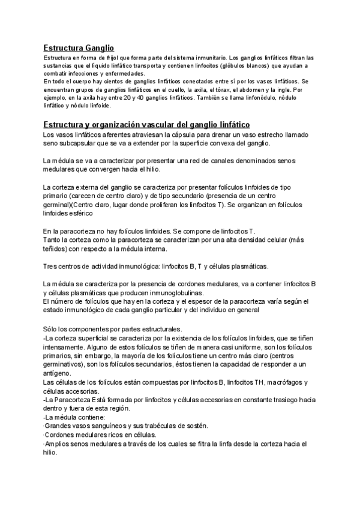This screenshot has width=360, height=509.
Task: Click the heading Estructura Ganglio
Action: [79, 47]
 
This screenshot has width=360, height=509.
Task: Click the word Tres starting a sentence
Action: [51, 266]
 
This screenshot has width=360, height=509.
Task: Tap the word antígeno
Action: [58, 372]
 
